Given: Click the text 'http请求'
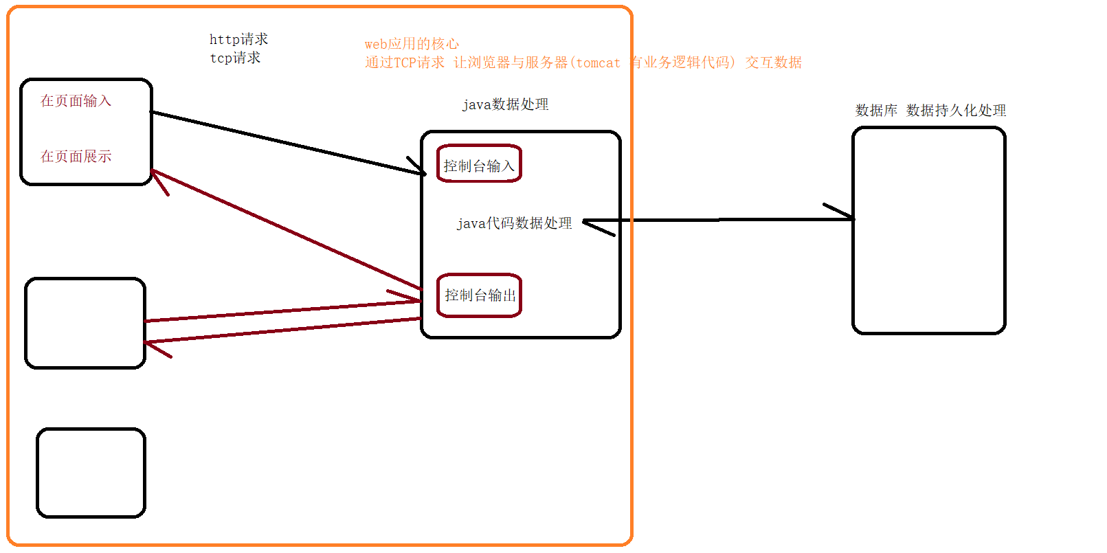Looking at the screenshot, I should tap(238, 39).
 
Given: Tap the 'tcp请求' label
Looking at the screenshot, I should tap(235, 58).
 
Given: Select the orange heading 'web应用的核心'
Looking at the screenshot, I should tap(412, 44).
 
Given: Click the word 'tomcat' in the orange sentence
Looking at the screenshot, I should tap(598, 63).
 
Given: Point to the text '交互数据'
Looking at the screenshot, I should tap(773, 63).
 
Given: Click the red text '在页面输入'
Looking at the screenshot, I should tap(76, 101).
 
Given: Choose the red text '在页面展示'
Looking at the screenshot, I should tap(76, 157).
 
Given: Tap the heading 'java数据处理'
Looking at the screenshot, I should tap(505, 104).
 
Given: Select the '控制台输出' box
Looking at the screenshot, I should tap(479, 295).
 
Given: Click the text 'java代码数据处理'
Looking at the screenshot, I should tap(514, 223).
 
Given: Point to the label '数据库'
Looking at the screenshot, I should tap(876, 111).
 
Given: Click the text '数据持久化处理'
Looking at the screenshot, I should tap(956, 111).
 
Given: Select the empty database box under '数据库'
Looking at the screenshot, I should tap(928, 231).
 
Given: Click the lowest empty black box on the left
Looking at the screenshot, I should tap(91, 473).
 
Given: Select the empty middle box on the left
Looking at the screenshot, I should tap(85, 323).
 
